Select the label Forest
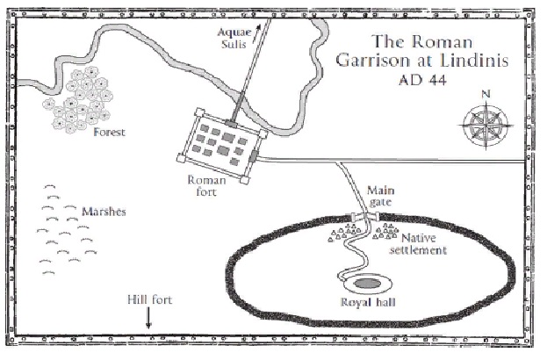click(x=110, y=133)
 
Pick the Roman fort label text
click(x=207, y=186)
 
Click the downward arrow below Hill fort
click(x=148, y=320)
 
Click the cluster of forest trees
click(x=82, y=98)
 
